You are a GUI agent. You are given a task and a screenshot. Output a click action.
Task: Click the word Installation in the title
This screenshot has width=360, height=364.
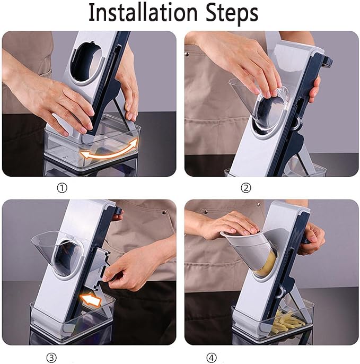coord(143,13)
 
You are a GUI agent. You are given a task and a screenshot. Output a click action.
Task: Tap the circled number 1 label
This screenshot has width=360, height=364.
coord(62,188)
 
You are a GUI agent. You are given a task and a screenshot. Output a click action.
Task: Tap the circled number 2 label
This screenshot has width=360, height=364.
coord(246,188)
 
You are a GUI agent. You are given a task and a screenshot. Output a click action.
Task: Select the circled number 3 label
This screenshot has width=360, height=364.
coord(51,358)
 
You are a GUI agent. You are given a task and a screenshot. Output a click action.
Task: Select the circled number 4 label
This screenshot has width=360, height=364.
coord(212,358)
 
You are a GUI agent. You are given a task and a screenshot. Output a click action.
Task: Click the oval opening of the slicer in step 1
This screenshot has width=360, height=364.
coord(87,62)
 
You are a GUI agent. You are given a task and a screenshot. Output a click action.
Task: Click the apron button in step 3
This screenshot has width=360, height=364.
coord(164,212)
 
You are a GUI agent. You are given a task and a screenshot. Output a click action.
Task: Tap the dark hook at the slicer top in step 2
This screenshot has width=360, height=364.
coord(328,62)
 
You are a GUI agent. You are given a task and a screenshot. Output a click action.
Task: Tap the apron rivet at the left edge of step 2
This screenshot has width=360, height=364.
coord(187,54)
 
